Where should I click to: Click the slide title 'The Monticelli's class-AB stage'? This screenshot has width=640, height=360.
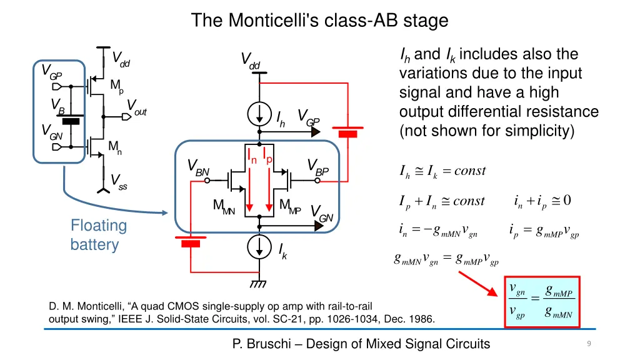[319, 21]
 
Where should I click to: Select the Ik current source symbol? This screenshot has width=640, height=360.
[258, 247]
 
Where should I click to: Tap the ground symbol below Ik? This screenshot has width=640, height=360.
[258, 284]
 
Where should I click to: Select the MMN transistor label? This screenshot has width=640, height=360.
[223, 206]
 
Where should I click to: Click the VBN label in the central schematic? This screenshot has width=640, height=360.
[198, 167]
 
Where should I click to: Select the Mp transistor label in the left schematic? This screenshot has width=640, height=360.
[116, 86]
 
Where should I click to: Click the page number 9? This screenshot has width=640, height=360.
[589, 344]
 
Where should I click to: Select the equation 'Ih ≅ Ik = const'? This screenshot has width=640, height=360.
[442, 171]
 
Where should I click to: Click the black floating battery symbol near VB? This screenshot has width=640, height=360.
[73, 122]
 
